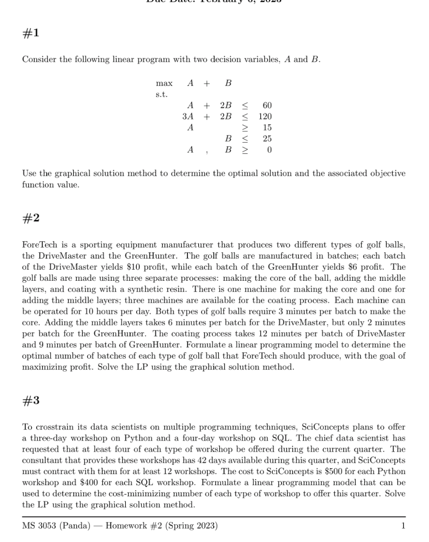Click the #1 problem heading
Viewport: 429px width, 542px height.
tap(31, 33)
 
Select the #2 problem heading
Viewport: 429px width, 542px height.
tap(31, 218)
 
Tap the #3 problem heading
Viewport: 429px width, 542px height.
tap(31, 400)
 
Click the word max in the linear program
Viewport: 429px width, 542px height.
tap(164, 84)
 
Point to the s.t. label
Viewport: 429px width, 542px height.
tap(161, 95)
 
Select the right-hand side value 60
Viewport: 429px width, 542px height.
tap(267, 105)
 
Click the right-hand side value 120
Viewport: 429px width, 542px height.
tap(265, 117)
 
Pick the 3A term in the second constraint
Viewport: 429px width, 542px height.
tap(188, 117)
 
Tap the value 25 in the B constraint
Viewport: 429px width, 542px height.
tap(267, 139)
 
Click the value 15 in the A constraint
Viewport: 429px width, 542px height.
tap(267, 128)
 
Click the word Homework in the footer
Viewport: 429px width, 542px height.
tap(126, 526)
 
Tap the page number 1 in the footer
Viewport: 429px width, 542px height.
tap(403, 526)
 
